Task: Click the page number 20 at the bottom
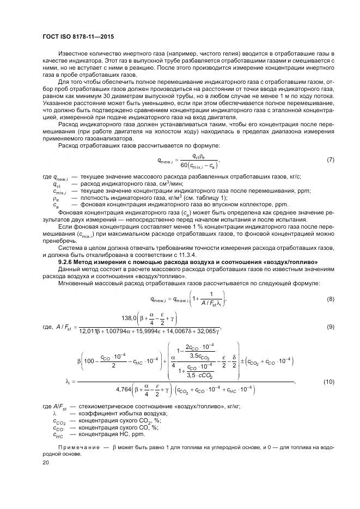coord(45,462)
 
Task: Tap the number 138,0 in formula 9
coord(133,318)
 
